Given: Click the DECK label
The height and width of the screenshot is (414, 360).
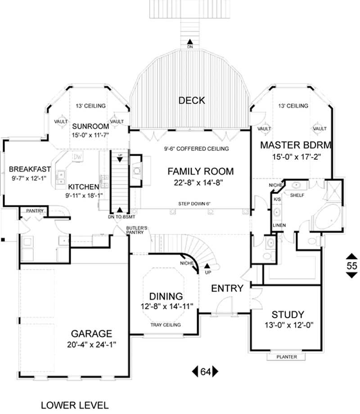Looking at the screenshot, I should tap(191, 100).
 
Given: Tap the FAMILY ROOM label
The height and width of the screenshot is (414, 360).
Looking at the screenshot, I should tap(201, 171).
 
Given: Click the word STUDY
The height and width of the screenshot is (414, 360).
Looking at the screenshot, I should tap(288, 315).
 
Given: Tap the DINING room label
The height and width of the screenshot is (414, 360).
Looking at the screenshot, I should tap(166, 296).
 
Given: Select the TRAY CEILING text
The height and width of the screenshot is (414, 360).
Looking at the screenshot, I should tap(166, 325).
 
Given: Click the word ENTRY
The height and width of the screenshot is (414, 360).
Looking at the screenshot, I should tap(227, 288).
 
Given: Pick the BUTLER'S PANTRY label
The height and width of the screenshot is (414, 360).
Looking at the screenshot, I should tap(135, 230).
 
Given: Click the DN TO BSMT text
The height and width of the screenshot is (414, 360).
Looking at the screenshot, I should tap(119, 216).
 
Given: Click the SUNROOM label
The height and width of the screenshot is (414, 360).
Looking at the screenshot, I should tap(91, 126).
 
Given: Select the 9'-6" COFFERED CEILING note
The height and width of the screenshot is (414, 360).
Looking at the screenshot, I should tap(196, 148).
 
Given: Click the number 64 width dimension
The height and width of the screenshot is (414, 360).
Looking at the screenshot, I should tap(205, 372).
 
